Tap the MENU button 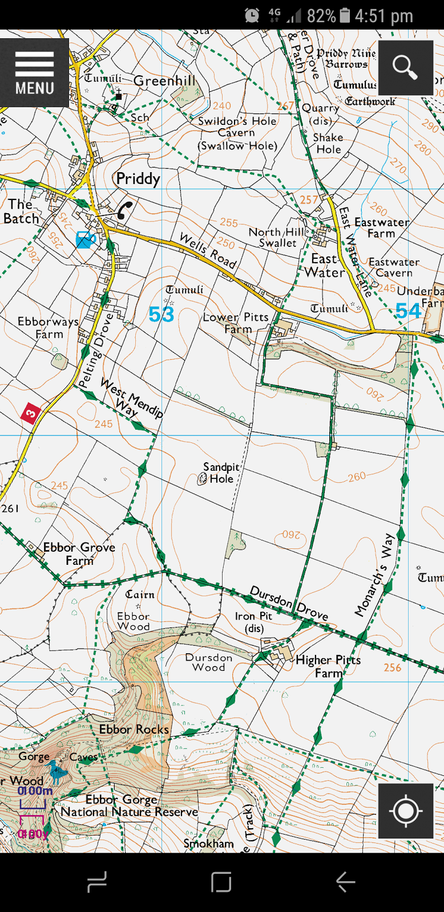coord(34,72)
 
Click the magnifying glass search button coord(405,67)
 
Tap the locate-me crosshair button coord(405,811)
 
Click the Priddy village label coord(138,179)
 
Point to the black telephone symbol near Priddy coord(124,210)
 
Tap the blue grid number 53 coord(161,314)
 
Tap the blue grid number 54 coord(408,311)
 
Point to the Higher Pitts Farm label coord(328,666)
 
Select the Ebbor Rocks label coord(134,729)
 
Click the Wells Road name coord(208,250)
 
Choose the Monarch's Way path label coord(374,575)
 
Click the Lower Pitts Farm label coord(236,323)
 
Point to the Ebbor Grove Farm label coord(79,553)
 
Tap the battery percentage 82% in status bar coord(321,15)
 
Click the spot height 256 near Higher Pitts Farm coord(392,667)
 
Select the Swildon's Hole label coord(237,121)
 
